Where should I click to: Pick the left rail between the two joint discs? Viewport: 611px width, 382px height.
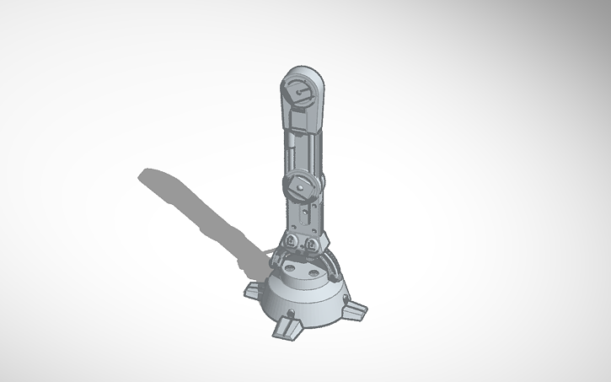point(289,152)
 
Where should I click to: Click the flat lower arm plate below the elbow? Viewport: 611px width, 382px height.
point(303,215)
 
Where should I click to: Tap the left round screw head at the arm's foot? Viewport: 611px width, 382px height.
point(292,245)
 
